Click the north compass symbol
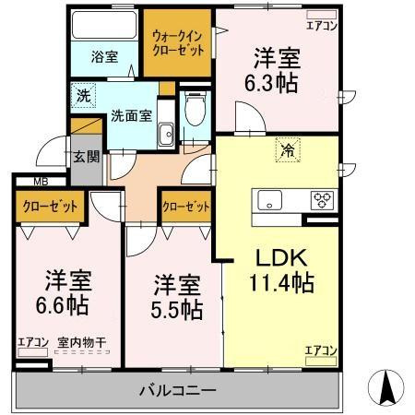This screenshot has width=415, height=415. [x=386, y=387]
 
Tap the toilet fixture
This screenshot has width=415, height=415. [x=196, y=108]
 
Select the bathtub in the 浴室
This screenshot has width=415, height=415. [x=104, y=25]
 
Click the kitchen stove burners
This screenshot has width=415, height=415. [x=322, y=200]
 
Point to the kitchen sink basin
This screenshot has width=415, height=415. [x=269, y=200]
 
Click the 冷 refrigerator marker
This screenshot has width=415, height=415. [x=288, y=149]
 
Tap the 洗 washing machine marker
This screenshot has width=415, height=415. [x=83, y=96]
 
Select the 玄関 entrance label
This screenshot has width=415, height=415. [x=87, y=157]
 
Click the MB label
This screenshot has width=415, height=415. [x=41, y=182]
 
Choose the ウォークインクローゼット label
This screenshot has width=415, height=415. [x=178, y=43]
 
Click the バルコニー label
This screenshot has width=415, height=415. [x=178, y=391]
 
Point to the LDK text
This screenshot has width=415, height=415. [x=281, y=258]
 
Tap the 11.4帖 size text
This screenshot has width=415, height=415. [x=281, y=283]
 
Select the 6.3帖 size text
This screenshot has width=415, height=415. [x=271, y=83]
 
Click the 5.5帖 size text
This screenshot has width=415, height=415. [x=177, y=310]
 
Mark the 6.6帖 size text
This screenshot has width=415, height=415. [x=63, y=305]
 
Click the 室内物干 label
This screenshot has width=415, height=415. [x=82, y=342]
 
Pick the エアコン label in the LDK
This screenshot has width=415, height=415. [x=321, y=350]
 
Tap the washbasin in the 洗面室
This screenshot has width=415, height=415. [x=166, y=135]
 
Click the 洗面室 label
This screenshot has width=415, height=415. [x=131, y=116]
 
